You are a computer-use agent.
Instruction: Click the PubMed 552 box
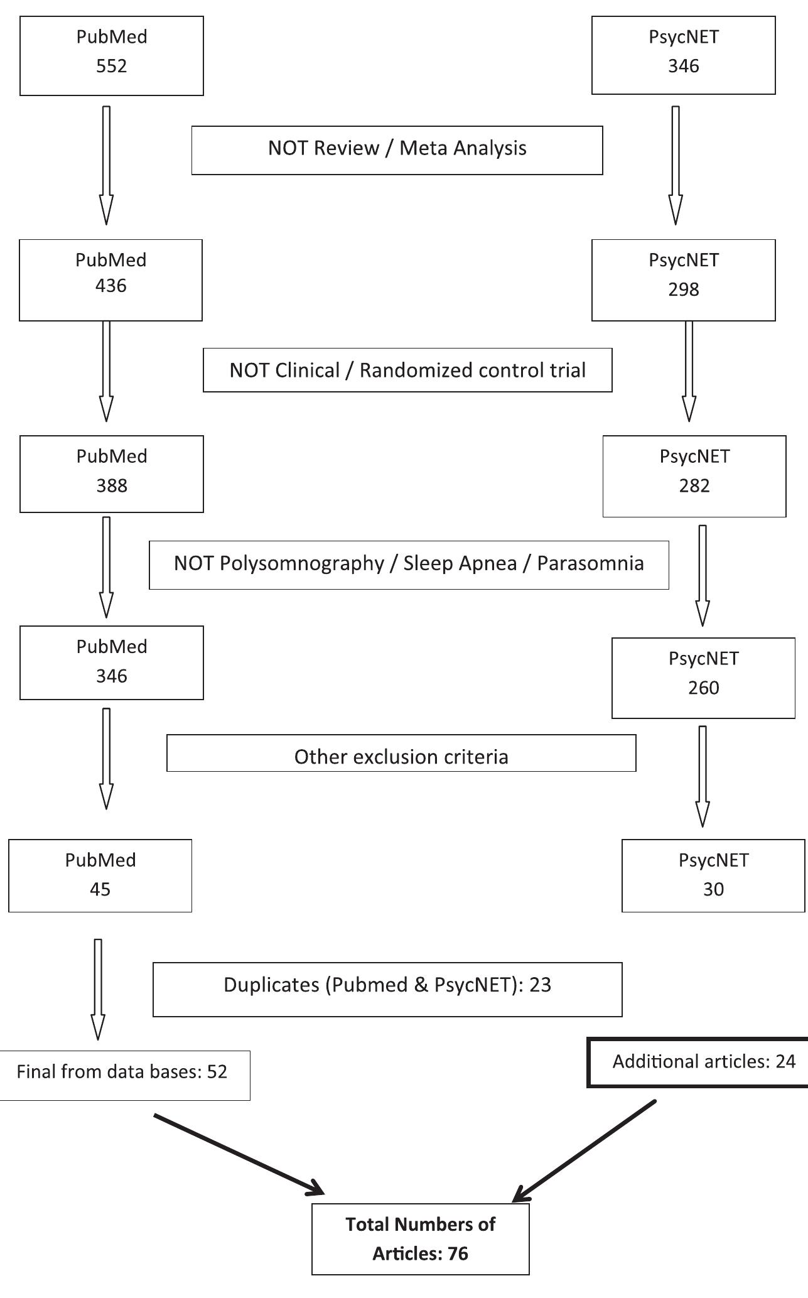pyautogui.click(x=112, y=55)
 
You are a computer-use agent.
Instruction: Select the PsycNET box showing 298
pyautogui.click(x=683, y=279)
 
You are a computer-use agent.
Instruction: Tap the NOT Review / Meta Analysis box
pyautogui.click(x=397, y=149)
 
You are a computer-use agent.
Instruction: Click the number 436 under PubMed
pyautogui.click(x=111, y=286)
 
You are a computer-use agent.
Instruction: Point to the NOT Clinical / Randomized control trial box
pyautogui.click(x=407, y=370)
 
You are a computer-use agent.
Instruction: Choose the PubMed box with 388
pyautogui.click(x=112, y=473)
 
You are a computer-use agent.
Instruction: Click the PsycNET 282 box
pyautogui.click(x=694, y=476)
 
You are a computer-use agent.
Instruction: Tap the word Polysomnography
pyautogui.click(x=301, y=563)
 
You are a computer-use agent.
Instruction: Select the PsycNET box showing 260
pyautogui.click(x=703, y=678)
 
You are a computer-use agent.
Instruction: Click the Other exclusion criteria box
pyautogui.click(x=401, y=754)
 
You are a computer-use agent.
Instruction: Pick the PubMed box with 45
pyautogui.click(x=100, y=875)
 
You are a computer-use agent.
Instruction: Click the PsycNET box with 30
pyautogui.click(x=713, y=875)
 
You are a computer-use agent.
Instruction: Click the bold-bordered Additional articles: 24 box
pyautogui.click(x=700, y=1062)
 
